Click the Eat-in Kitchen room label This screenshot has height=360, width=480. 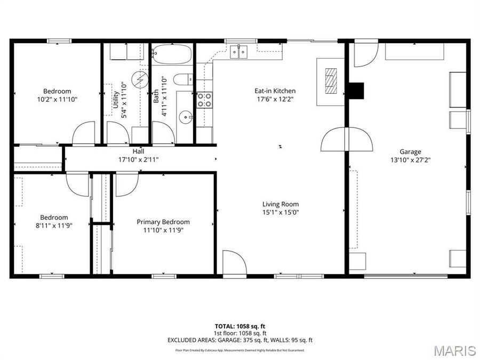click(x=275, y=91)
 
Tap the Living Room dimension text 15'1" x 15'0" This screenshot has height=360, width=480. click(x=281, y=212)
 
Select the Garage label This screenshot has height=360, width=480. click(x=410, y=151)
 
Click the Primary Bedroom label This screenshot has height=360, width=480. click(x=163, y=222)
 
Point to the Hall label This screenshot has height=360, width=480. click(x=138, y=151)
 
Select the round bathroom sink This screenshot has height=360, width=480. click(x=184, y=115)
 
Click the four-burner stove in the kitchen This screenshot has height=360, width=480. click(x=204, y=100)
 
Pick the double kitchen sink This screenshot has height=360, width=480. click(x=238, y=51)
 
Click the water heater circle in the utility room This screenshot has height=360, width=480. click(x=140, y=80)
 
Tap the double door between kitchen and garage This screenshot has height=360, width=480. click(x=347, y=140)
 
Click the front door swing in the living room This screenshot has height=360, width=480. click(x=234, y=263)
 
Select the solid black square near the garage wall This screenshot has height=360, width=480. click(x=356, y=91)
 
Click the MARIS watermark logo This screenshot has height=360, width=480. click(x=454, y=350)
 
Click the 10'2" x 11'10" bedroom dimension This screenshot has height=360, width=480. click(x=57, y=99)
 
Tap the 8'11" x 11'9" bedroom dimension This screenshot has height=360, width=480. click(x=54, y=225)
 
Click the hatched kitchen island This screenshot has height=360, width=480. click(x=331, y=82)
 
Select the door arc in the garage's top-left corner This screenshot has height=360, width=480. click(x=365, y=54)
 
